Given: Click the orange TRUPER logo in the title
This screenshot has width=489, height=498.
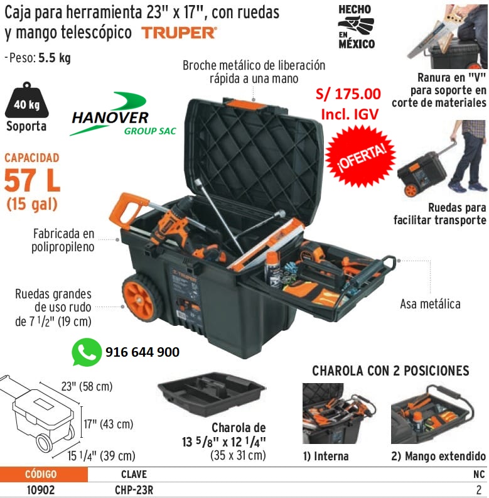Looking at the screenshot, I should coord(179,32).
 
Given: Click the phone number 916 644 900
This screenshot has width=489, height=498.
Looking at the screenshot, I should coord(142,352).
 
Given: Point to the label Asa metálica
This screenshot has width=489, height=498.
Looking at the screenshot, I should coord(430,304).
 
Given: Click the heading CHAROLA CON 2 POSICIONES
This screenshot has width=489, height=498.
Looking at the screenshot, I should coord(390,371).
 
